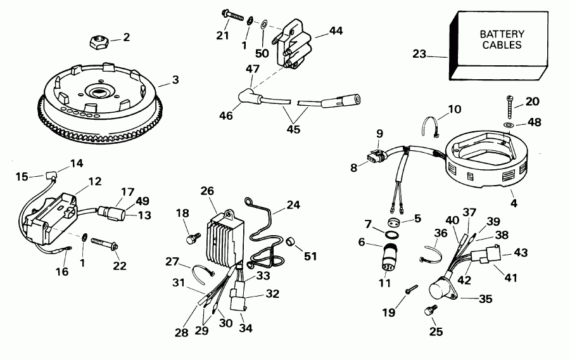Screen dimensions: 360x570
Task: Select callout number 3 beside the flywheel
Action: coord(175,80)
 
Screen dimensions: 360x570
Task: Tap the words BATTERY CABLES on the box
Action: coord(500,39)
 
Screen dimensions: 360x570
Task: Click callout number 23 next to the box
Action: coord(420,55)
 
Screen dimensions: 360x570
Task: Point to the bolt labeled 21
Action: coord(232,15)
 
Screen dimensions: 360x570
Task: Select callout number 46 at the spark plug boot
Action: coord(226,115)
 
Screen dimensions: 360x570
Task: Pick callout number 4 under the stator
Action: coord(514,205)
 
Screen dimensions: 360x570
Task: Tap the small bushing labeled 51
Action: coord(292,241)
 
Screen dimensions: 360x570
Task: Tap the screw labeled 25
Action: coord(429,311)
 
